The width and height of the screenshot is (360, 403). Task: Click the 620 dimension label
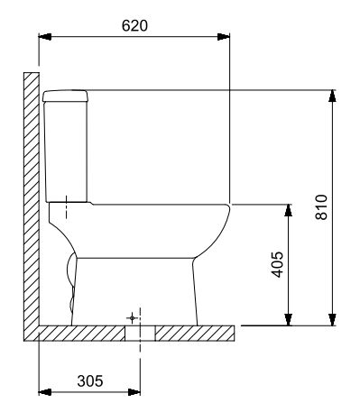tap(134, 25)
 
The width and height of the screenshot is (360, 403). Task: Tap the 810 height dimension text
tap(321, 207)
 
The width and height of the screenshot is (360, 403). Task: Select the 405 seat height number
tap(277, 264)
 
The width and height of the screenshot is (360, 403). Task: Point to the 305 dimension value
tap(90, 381)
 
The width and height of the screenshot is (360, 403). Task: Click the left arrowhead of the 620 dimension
tap(45, 37)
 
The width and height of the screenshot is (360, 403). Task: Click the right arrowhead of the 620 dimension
tap(224, 37)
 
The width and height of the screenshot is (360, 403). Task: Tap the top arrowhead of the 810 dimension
tap(332, 96)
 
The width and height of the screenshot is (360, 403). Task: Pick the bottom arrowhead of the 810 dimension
tap(332, 319)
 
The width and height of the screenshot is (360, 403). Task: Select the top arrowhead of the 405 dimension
tap(289, 210)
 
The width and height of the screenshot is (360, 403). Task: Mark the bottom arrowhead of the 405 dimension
tap(289, 319)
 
